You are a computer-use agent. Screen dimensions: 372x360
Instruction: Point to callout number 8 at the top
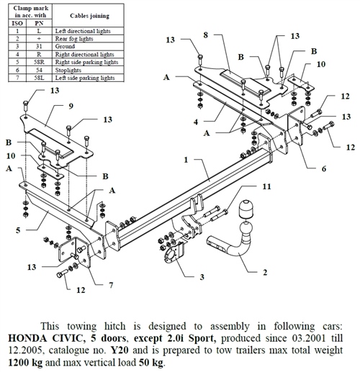pos(206,35)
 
